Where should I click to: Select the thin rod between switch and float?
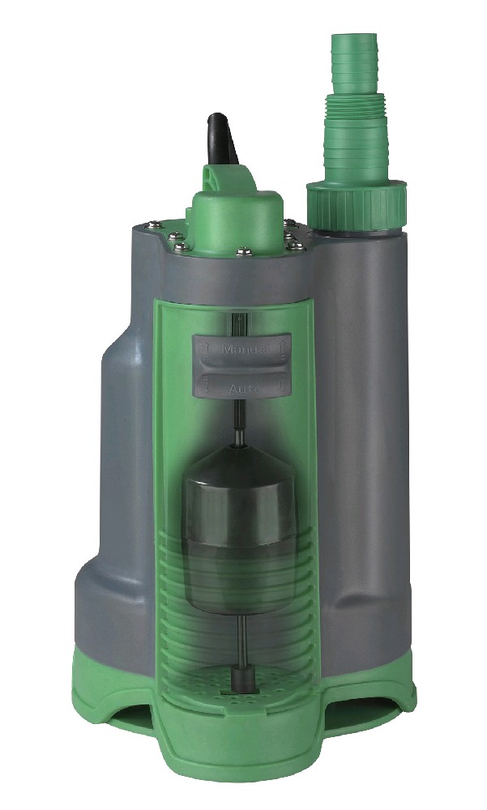[x=240, y=421]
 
